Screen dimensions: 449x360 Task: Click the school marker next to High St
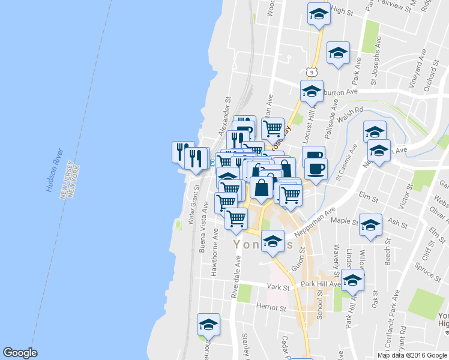tap(319, 14)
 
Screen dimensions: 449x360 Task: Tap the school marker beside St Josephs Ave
tap(339, 53)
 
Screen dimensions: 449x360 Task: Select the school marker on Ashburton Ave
tap(312, 91)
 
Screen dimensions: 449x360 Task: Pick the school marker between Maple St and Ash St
tap(370, 226)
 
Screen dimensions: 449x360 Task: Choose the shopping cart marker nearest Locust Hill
tap(273, 127)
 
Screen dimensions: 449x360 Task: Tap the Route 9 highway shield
tap(309, 72)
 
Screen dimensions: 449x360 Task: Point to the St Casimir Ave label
tap(346, 162)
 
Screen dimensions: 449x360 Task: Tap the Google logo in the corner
tap(20, 352)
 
